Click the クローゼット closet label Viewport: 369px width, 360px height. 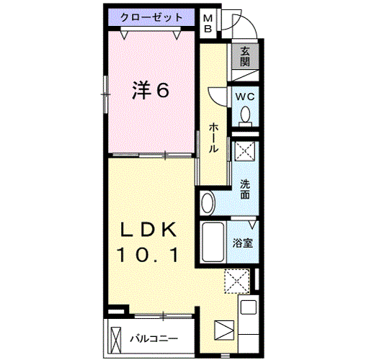pos(151,17)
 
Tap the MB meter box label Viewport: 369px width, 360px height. pos(208,24)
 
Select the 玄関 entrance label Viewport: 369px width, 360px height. pos(245,56)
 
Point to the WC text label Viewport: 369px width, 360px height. pos(245,96)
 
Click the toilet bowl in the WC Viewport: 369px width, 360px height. pos(245,116)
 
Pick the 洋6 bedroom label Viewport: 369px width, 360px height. pos(151,90)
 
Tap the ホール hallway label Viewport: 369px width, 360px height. pos(213,138)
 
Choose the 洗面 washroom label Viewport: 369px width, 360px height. pos(245,189)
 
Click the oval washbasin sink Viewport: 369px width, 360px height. pos(208,203)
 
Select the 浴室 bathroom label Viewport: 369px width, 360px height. pos(243,243)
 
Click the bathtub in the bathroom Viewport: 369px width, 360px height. pos(213,242)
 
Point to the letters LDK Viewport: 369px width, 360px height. pos(148,230)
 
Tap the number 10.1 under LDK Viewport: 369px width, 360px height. pos(148,255)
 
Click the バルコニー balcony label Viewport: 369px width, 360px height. pos(154,338)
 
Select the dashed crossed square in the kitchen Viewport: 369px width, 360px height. pos(237,282)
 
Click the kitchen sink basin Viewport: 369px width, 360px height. pos(249,307)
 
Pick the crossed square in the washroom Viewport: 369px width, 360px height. pos(244,151)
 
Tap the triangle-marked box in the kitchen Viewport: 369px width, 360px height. pos(224,330)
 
